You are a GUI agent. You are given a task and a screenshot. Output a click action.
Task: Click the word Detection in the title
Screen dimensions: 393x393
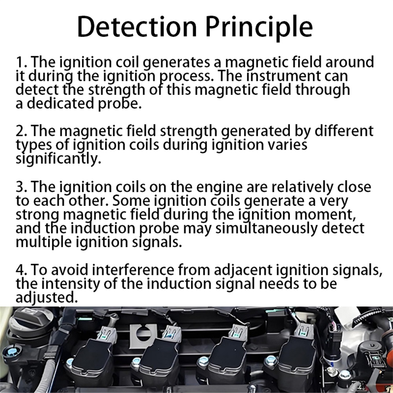click(x=137, y=27)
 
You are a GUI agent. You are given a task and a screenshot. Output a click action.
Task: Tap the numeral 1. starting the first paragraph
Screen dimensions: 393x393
click(x=21, y=62)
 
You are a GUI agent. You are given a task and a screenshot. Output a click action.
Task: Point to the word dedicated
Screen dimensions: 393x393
click(x=60, y=103)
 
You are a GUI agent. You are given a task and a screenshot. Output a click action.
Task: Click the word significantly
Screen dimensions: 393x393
click(x=59, y=159)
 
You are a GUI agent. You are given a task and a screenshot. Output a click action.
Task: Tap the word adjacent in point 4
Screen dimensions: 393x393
click(x=243, y=271)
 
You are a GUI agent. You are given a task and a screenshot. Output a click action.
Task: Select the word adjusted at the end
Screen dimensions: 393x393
click(x=47, y=298)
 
